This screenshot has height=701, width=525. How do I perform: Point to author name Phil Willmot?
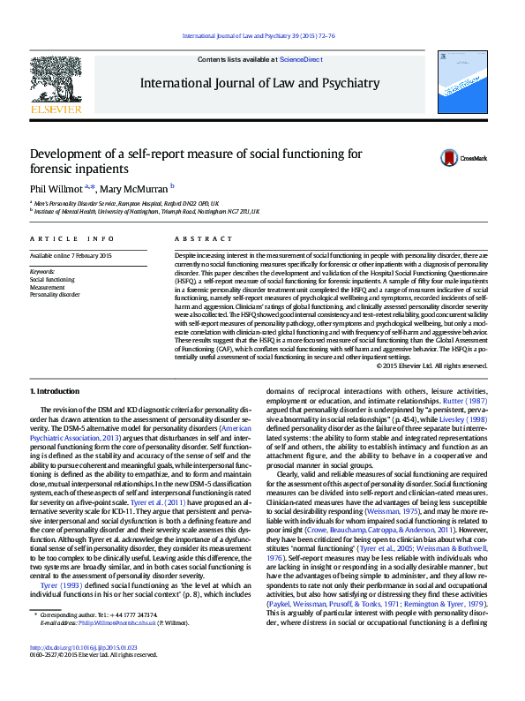[x=56, y=187]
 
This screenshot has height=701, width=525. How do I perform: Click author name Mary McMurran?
[x=133, y=187]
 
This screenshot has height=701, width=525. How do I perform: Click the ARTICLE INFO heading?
[x=71, y=239]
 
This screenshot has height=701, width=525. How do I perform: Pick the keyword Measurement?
[x=47, y=287]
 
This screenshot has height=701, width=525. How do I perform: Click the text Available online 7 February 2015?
[x=71, y=255]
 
